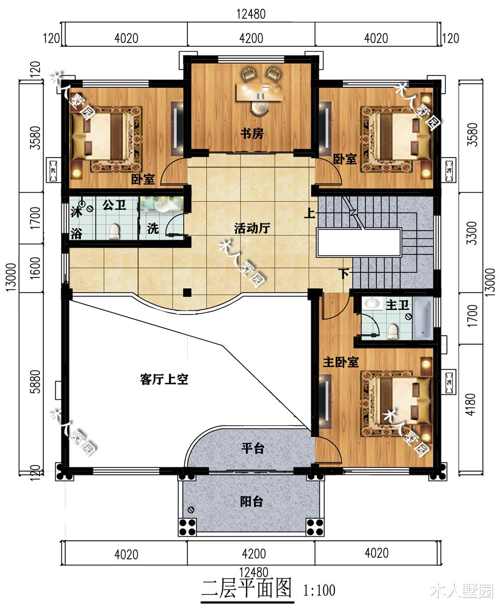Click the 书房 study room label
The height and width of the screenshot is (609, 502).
pyautogui.click(x=252, y=134)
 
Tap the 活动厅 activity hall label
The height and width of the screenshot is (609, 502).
pyautogui.click(x=252, y=229)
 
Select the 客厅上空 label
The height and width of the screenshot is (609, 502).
pyautogui.click(x=164, y=379)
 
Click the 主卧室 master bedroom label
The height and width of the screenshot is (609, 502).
pyautogui.click(x=340, y=362)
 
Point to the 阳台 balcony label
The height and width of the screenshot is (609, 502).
pyautogui.click(x=251, y=501)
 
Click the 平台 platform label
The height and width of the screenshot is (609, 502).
pyautogui.click(x=252, y=448)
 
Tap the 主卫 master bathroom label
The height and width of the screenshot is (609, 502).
pyautogui.click(x=396, y=304)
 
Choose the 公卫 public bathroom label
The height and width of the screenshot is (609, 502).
pyautogui.click(x=113, y=205)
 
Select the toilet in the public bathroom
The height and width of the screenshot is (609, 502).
pyautogui.click(x=115, y=231)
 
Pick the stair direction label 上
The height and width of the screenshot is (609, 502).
pyautogui.click(x=309, y=214)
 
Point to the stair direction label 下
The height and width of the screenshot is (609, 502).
pyautogui.click(x=344, y=273)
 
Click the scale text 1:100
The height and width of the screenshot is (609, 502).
pyautogui.click(x=319, y=590)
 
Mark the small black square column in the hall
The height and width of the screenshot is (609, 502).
pyautogui.click(x=187, y=292)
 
